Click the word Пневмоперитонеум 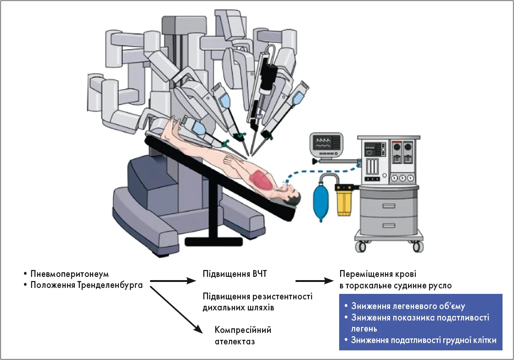click(x=69, y=274)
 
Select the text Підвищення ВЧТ click(x=235, y=274)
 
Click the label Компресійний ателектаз click(x=243, y=336)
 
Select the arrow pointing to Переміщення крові click(x=314, y=281)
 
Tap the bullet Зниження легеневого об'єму click(x=408, y=306)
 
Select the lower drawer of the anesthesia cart click(x=384, y=226)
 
